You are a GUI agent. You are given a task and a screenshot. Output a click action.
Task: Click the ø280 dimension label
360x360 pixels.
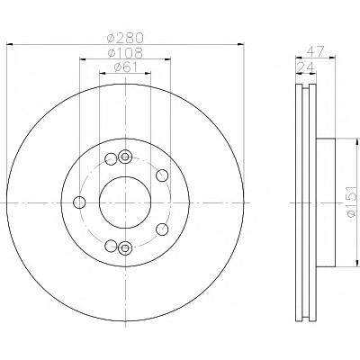pyautogui.click(x=125, y=38)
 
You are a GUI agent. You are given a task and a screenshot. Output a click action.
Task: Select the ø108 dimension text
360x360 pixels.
pyautogui.click(x=125, y=53)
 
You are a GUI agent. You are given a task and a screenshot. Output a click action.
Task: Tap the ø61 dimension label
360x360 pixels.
pyautogui.click(x=125, y=67)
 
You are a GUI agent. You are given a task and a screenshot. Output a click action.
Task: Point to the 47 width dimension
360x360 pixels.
pyautogui.click(x=315, y=51)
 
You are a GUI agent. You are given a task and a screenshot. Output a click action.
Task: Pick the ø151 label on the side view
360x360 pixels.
pyautogui.click(x=352, y=202)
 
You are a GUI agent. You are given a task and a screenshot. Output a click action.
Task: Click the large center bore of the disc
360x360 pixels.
pyautogui.click(x=125, y=202)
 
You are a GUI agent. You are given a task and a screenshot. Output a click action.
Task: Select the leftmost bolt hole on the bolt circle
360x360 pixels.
pyautogui.click(x=79, y=202)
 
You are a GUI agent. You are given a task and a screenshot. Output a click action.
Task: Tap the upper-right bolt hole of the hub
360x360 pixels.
pyautogui.click(x=162, y=175)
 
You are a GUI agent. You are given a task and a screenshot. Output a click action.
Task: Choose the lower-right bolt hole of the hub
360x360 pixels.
pyautogui.click(x=162, y=229)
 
